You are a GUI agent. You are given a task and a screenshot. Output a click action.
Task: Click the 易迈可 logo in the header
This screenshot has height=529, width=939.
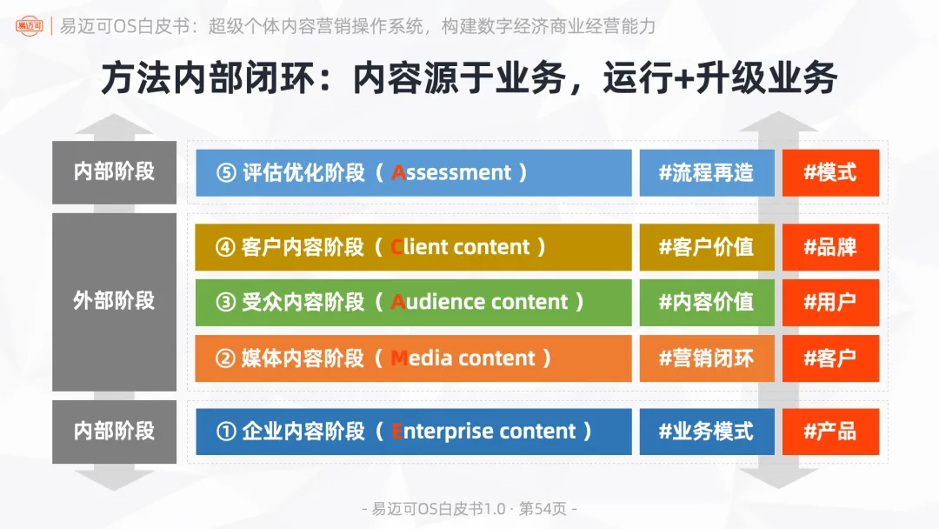(x=31, y=25)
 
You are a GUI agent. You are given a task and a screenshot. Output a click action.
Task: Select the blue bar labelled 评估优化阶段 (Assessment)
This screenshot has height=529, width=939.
(x=413, y=172)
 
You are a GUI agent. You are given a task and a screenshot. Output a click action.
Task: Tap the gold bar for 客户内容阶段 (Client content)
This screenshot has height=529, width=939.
(x=413, y=247)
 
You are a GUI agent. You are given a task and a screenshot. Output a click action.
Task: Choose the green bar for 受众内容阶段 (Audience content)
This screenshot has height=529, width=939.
(x=413, y=302)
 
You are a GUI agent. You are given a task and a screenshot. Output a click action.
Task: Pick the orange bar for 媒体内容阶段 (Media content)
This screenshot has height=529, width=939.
(x=413, y=358)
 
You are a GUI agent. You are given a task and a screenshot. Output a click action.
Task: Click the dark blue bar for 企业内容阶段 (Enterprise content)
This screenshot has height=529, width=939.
(x=413, y=432)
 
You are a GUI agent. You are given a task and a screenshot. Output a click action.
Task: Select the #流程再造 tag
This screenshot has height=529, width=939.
(x=706, y=172)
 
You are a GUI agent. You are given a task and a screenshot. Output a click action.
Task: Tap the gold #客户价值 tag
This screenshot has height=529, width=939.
(x=706, y=247)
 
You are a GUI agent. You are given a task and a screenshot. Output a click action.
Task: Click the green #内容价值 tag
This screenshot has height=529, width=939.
(x=706, y=302)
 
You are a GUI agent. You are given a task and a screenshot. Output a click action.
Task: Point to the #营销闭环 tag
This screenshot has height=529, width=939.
(x=706, y=358)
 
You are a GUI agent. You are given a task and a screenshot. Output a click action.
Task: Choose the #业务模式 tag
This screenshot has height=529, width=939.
(x=706, y=432)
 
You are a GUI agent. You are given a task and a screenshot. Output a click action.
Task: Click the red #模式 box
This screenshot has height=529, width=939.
(x=830, y=172)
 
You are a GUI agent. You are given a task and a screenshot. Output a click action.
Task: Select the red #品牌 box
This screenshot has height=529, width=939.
(x=830, y=247)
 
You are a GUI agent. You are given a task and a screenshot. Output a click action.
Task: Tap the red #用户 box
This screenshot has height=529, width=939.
(x=830, y=302)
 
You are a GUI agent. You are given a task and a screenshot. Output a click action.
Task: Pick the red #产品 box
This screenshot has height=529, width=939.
(x=830, y=432)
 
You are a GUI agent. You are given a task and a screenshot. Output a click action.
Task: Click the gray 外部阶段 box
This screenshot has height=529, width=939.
(x=114, y=301)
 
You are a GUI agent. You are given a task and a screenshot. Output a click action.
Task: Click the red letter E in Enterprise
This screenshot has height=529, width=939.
(x=397, y=432)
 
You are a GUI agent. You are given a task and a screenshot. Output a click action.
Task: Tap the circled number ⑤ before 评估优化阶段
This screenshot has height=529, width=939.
(x=226, y=173)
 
